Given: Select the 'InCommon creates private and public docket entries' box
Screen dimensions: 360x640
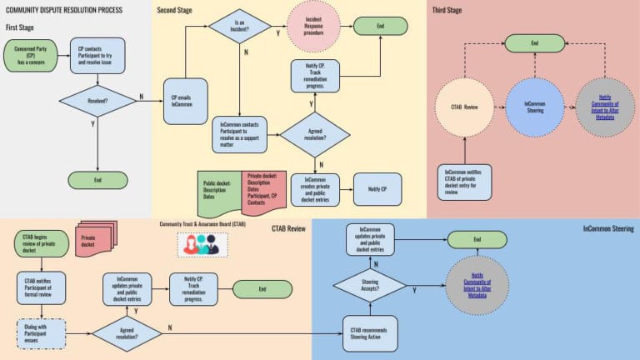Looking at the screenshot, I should click(x=316, y=190).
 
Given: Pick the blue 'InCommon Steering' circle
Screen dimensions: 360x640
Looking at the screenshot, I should click(x=535, y=107).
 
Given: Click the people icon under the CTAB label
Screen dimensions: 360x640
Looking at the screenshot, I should click(x=202, y=243).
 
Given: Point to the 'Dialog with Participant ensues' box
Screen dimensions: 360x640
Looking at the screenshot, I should click(x=41, y=332).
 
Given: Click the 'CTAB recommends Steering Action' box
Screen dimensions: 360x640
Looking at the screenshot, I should click(x=370, y=333).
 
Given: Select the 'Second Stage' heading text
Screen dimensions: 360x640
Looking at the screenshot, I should click(x=180, y=10).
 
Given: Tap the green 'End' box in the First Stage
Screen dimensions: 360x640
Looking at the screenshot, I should click(x=98, y=179).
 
